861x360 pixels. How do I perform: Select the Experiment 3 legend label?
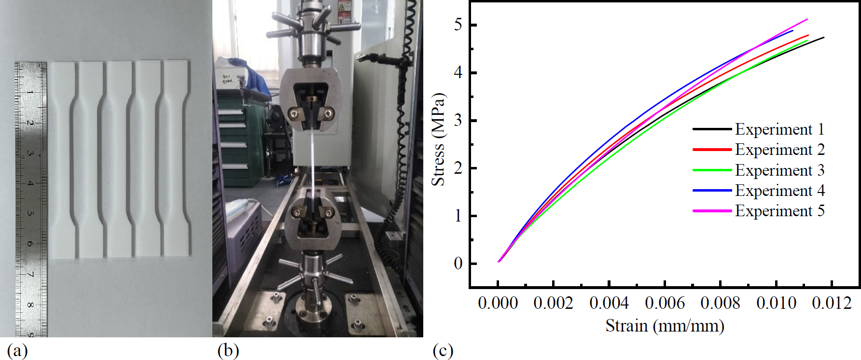point(779,170)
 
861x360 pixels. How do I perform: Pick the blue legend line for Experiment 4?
point(712,191)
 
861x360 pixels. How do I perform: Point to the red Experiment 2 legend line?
point(712,150)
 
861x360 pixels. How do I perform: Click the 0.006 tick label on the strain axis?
point(665,303)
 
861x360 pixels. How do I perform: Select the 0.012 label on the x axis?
point(832,303)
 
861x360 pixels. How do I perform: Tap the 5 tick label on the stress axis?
point(458,25)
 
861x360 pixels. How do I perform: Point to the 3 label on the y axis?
point(458,120)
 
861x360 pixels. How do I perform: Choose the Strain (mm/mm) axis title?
point(665,326)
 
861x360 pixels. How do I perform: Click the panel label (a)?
point(17,350)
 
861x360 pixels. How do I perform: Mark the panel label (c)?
point(443,350)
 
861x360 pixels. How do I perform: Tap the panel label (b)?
point(228,350)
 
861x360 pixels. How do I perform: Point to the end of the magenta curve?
point(807,19)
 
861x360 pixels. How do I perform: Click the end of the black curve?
point(823,37)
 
